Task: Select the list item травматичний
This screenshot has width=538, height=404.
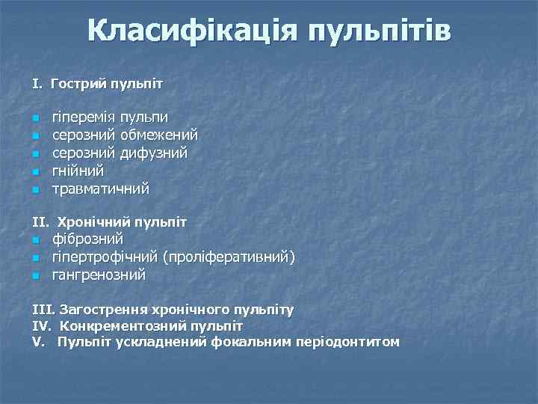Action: coord(100,189)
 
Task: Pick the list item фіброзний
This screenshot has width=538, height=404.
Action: coord(87,239)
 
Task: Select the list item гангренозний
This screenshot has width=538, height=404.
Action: coord(99,275)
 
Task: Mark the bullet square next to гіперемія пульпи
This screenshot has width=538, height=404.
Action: coord(35,118)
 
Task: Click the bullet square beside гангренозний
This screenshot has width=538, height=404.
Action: coord(35,276)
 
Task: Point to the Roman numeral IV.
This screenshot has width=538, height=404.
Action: coord(40,326)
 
